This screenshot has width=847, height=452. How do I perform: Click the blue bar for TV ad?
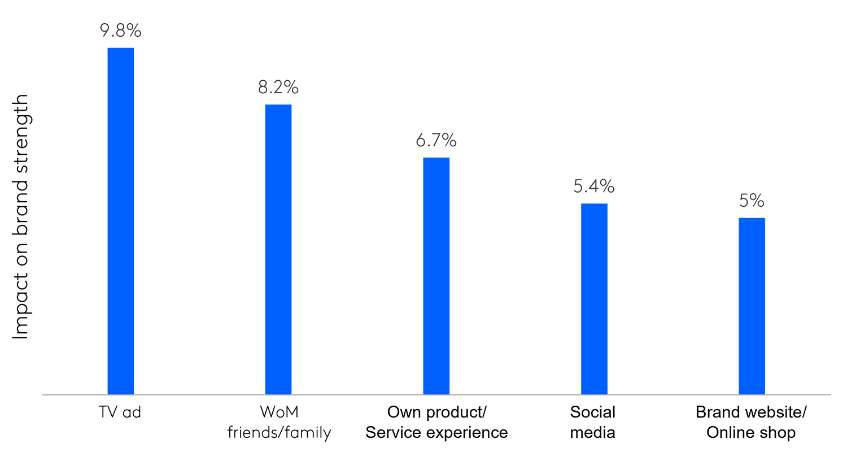[120, 220]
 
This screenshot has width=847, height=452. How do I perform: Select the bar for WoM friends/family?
[278, 249]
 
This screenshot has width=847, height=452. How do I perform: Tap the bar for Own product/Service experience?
[436, 276]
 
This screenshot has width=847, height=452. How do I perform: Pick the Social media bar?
[594, 298]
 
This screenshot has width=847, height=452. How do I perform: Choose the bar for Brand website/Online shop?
[752, 306]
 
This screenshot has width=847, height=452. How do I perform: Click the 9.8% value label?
[120, 31]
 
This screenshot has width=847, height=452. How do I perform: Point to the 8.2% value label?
[278, 87]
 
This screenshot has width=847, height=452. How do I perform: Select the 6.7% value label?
[436, 140]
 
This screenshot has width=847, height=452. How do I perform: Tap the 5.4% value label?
[594, 186]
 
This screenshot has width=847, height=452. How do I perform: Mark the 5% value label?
[752, 201]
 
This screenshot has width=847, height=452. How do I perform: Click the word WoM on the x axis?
[278, 412]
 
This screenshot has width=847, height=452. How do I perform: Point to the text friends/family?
[278, 433]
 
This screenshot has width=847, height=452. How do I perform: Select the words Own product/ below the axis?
[436, 412]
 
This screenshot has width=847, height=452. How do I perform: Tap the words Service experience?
[436, 433]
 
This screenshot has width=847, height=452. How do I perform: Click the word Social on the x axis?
[592, 412]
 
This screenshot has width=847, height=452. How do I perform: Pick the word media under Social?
[592, 433]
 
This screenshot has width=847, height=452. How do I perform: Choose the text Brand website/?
[751, 412]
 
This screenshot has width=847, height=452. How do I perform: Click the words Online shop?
[751, 433]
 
